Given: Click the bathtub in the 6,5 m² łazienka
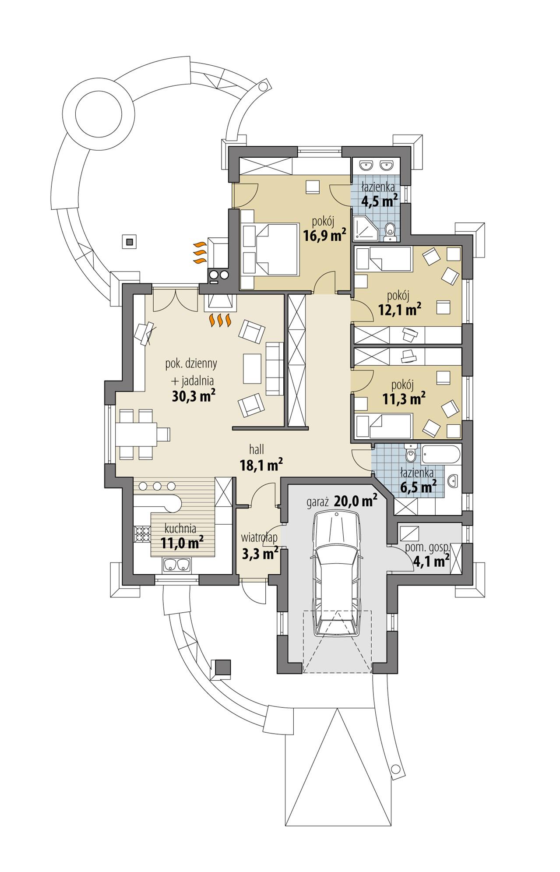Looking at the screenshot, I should coord(440,455).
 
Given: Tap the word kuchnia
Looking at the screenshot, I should coord(180,528).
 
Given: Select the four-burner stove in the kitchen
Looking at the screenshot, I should coord(141,534).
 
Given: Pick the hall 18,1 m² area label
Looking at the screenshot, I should coord(261,464).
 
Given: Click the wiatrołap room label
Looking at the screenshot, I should coord(259,537).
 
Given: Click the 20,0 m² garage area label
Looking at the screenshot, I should coord(356,501).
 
